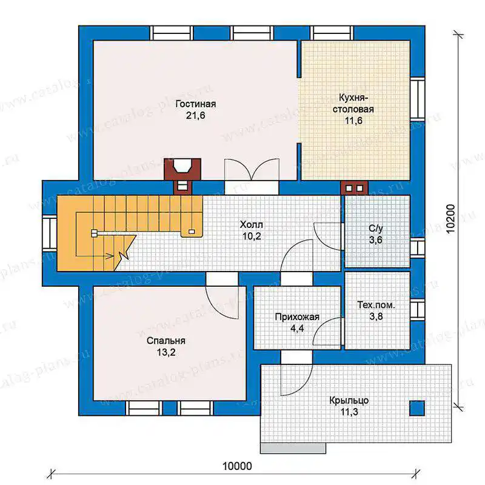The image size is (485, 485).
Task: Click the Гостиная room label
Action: [x=195, y=104]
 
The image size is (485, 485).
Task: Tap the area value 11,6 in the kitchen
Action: [x=353, y=121]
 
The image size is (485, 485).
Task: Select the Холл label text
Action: [x=251, y=224]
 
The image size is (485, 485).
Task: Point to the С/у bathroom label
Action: [x=376, y=229]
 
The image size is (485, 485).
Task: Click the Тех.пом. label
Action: [x=376, y=305]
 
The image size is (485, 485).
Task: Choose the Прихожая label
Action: [x=297, y=317]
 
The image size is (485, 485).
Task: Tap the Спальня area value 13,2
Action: [x=166, y=352]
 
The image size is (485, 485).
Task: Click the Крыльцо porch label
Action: [x=349, y=401]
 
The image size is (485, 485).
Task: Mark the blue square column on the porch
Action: [x=417, y=408]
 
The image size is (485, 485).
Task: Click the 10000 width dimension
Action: [x=237, y=466]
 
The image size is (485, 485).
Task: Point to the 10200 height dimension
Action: [x=451, y=219]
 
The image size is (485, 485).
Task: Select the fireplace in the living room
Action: [x=182, y=169]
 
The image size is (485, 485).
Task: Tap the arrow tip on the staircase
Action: [x=113, y=256]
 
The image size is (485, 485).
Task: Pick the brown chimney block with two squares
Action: [x=354, y=188]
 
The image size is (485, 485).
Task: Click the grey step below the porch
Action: [x=293, y=449]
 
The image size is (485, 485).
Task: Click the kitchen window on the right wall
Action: [x=417, y=98]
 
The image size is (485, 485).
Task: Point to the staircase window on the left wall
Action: [x=50, y=233]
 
